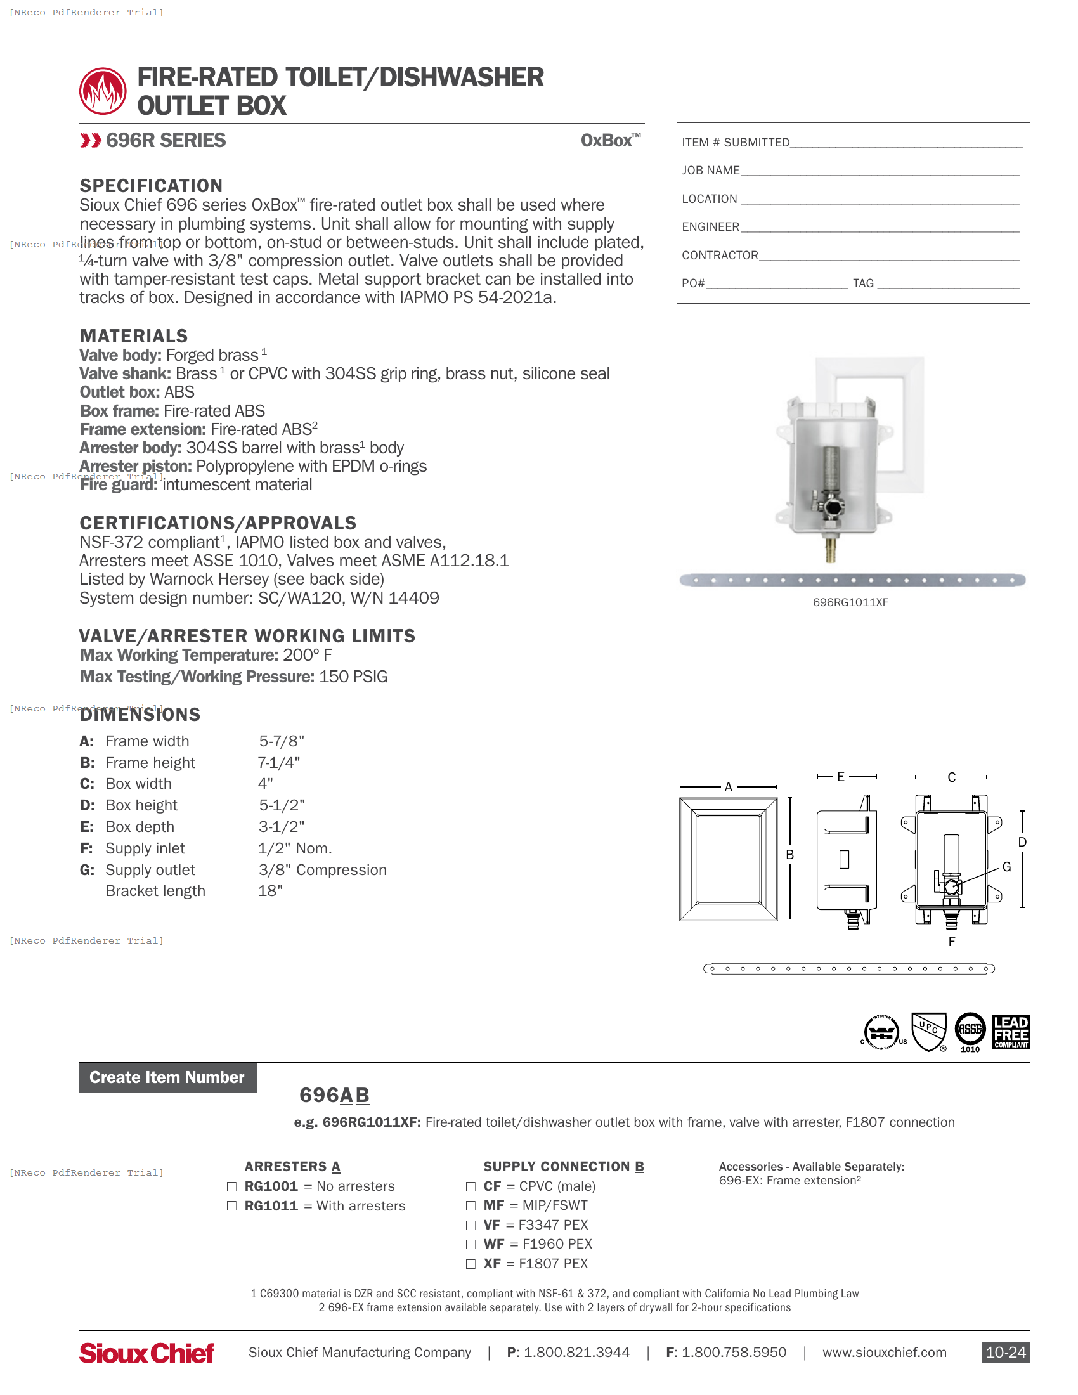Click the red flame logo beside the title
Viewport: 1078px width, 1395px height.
point(103,91)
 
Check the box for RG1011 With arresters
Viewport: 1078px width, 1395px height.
point(232,1205)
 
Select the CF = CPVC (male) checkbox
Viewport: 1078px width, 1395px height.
point(471,1186)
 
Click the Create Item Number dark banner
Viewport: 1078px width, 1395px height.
point(167,1077)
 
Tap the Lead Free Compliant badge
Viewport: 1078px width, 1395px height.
point(1010,1032)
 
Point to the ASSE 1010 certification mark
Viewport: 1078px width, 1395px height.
point(970,1031)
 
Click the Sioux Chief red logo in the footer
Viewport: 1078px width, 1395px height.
point(147,1353)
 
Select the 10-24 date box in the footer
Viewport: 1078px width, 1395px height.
point(1005,1353)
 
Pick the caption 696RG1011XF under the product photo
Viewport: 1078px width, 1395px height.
point(850,602)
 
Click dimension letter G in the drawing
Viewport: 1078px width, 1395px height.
point(1006,867)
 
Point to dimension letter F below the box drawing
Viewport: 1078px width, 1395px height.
point(952,942)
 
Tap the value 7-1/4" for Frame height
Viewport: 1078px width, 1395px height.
point(278,763)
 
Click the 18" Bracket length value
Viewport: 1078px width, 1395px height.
point(270,891)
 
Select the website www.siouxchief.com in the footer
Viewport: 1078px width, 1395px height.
point(884,1353)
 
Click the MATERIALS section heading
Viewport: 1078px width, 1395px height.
point(133,336)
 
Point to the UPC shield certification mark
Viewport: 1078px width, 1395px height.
point(928,1031)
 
